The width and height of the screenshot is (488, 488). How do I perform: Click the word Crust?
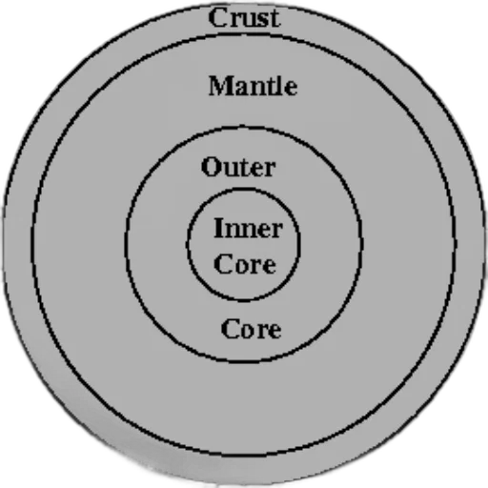(244, 18)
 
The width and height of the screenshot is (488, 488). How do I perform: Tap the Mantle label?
(254, 86)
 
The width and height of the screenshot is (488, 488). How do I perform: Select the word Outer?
(238, 167)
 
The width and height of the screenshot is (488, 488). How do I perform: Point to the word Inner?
(249, 228)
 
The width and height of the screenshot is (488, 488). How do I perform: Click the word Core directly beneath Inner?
(245, 264)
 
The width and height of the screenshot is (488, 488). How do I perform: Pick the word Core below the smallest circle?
(251, 329)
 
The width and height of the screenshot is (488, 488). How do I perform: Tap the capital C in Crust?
(217, 18)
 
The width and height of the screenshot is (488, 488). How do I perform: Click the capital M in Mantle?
(221, 86)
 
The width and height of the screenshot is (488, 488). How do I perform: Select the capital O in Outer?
(211, 167)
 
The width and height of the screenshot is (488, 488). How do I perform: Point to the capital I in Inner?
(219, 228)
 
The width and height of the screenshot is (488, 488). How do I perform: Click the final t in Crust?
(274, 19)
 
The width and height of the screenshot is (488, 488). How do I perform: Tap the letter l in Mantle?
(280, 86)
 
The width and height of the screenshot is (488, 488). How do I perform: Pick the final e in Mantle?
(291, 89)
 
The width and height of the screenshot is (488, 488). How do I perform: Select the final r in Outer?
(270, 170)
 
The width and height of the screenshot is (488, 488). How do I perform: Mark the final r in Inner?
(276, 231)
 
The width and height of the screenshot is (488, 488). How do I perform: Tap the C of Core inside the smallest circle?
(223, 264)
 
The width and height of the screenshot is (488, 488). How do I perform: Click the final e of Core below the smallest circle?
(274, 332)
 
